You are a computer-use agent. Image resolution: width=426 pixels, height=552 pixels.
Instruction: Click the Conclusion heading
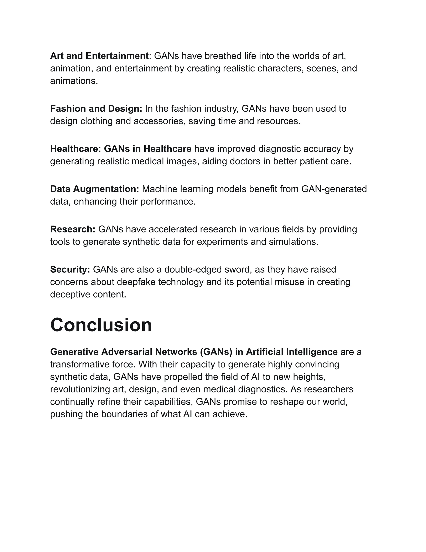[101, 325]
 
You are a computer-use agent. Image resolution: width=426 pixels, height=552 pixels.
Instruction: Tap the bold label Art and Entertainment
[99, 56]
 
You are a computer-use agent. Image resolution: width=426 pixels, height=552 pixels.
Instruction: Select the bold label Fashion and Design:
[96, 109]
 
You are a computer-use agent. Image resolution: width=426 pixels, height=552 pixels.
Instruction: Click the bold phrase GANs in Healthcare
[148, 149]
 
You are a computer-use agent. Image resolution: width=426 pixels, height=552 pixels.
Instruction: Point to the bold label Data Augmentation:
[95, 189]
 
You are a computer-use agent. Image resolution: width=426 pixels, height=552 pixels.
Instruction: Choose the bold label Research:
[73, 229]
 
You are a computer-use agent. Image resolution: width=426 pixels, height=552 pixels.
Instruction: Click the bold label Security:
[70, 269]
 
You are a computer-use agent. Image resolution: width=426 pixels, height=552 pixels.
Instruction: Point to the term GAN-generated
[334, 189]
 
